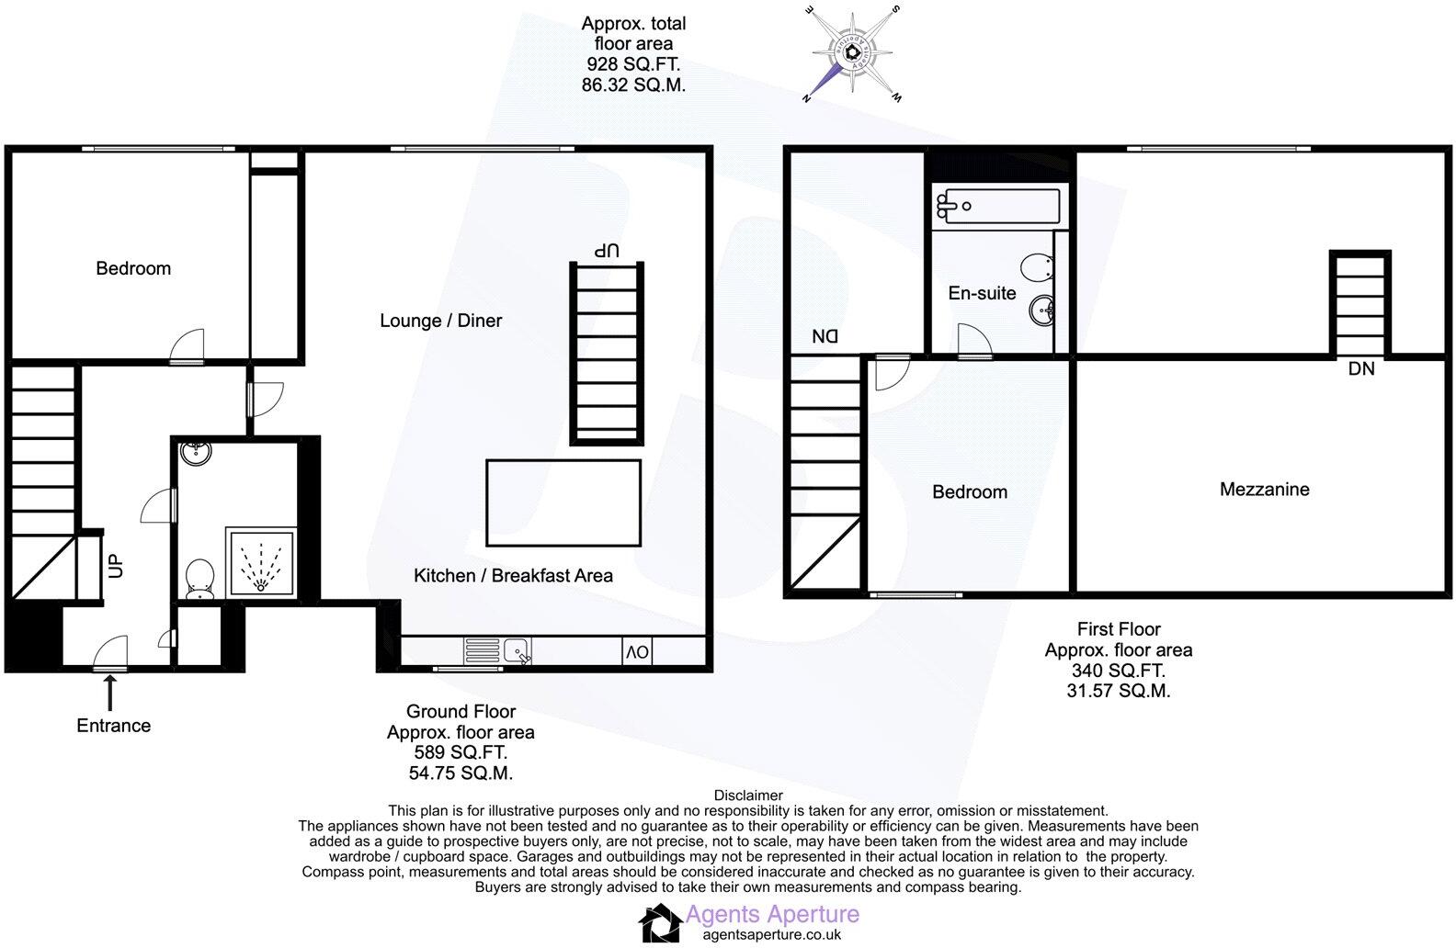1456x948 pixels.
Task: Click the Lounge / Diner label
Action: (x=441, y=321)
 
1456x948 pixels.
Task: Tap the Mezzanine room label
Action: (x=1264, y=490)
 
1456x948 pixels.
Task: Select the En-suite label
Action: (x=982, y=293)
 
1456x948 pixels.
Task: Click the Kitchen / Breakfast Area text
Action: (x=513, y=576)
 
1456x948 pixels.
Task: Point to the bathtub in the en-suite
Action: (x=996, y=204)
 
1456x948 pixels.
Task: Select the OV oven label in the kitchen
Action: (x=637, y=652)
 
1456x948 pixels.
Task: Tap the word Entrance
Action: (x=113, y=726)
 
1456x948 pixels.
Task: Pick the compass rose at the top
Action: (x=854, y=54)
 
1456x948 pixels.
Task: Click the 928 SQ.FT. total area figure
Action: (x=633, y=64)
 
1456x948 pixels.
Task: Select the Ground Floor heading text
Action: (x=461, y=712)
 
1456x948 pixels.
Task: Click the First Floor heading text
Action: (x=1119, y=629)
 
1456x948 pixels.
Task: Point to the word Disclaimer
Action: (x=748, y=796)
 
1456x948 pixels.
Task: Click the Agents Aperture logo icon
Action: (x=659, y=923)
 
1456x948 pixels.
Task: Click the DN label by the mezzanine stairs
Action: (x=1361, y=369)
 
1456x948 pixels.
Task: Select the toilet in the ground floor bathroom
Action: (x=199, y=580)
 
